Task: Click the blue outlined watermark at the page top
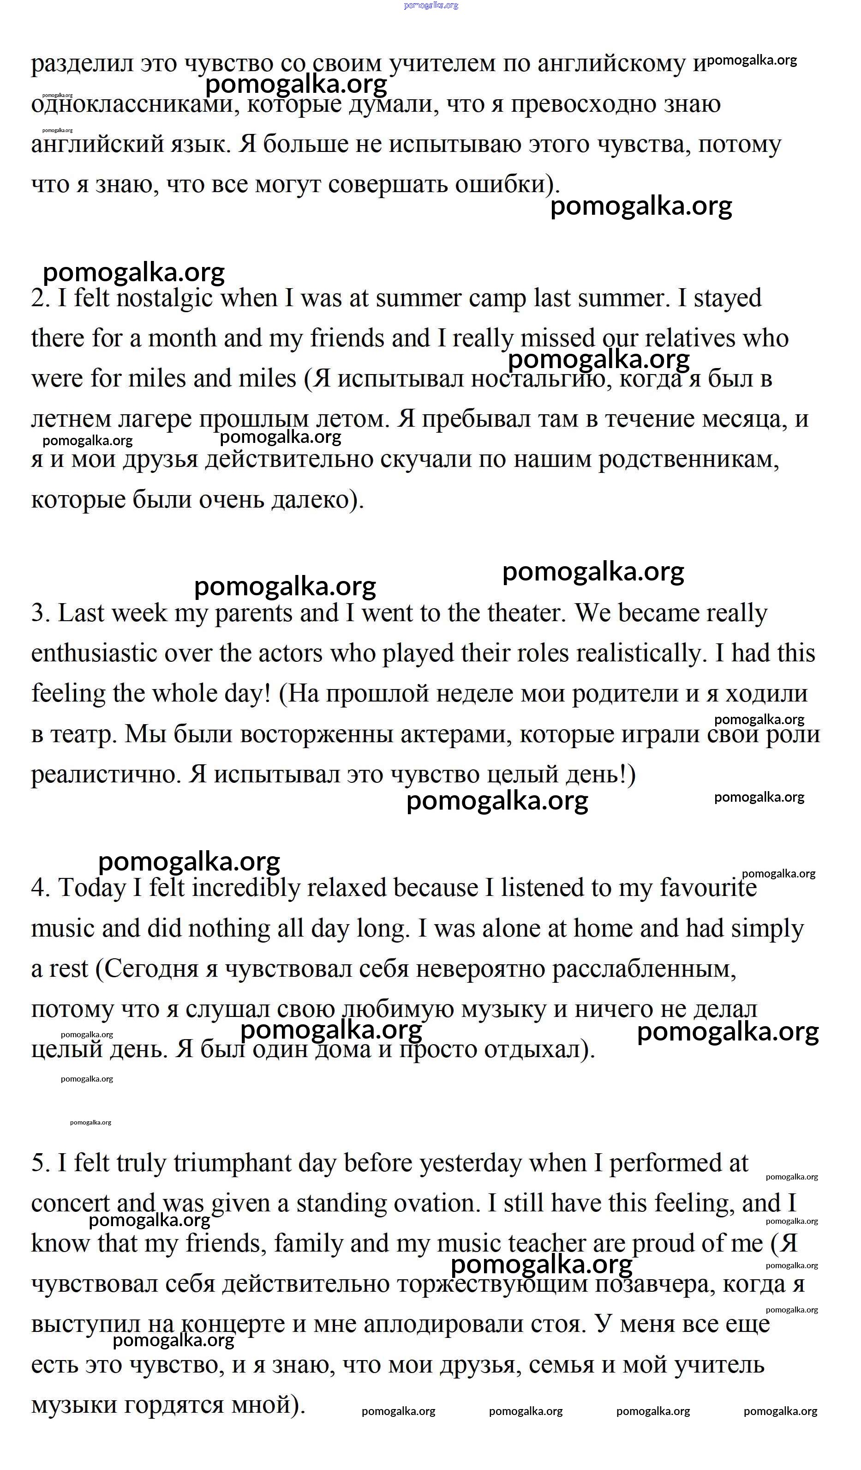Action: pos(431,5)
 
